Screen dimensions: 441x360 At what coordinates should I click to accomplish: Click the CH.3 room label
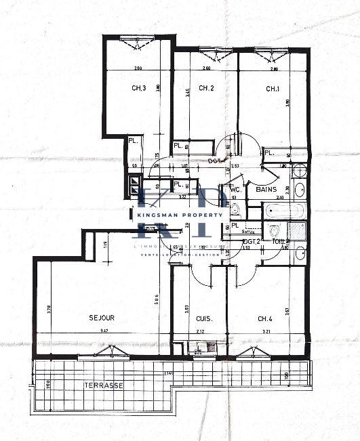[139, 88]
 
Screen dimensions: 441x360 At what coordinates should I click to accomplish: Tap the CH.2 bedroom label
[206, 88]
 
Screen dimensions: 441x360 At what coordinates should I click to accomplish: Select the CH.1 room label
[273, 88]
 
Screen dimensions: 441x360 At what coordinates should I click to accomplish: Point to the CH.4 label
[265, 318]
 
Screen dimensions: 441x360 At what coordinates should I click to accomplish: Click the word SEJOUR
[101, 318]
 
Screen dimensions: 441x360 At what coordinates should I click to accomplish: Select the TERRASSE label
[104, 385]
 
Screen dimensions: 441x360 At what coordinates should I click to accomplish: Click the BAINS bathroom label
[266, 190]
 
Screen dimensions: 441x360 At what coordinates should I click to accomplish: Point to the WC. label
[235, 190]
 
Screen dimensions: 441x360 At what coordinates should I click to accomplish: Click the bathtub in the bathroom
[284, 210]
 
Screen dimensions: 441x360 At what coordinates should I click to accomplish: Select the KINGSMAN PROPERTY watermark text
[180, 215]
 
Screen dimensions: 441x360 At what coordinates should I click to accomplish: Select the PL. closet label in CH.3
[134, 141]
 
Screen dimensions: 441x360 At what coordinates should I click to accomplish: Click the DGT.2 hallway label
[252, 241]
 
